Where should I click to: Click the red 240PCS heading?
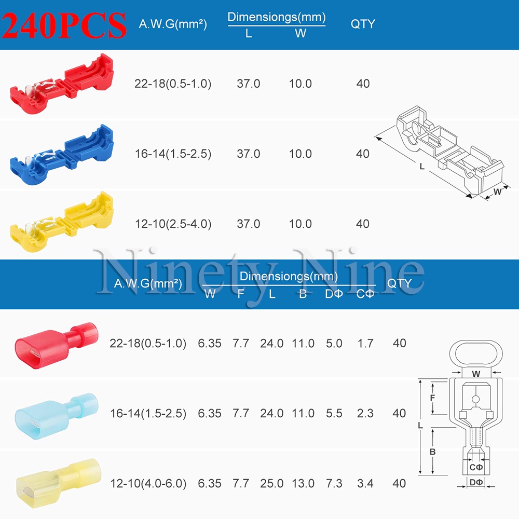pyautogui.click(x=64, y=25)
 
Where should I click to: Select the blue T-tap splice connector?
pyautogui.click(x=62, y=155)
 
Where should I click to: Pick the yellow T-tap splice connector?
pyautogui.click(x=62, y=222)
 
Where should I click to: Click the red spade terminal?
pyautogui.click(x=57, y=344)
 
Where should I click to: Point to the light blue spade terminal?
pyautogui.click(x=57, y=416)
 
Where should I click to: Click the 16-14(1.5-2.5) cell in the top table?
pyautogui.click(x=173, y=154)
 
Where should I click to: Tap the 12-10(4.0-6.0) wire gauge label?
pyautogui.click(x=148, y=484)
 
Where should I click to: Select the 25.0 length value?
pyautogui.click(x=271, y=484)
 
